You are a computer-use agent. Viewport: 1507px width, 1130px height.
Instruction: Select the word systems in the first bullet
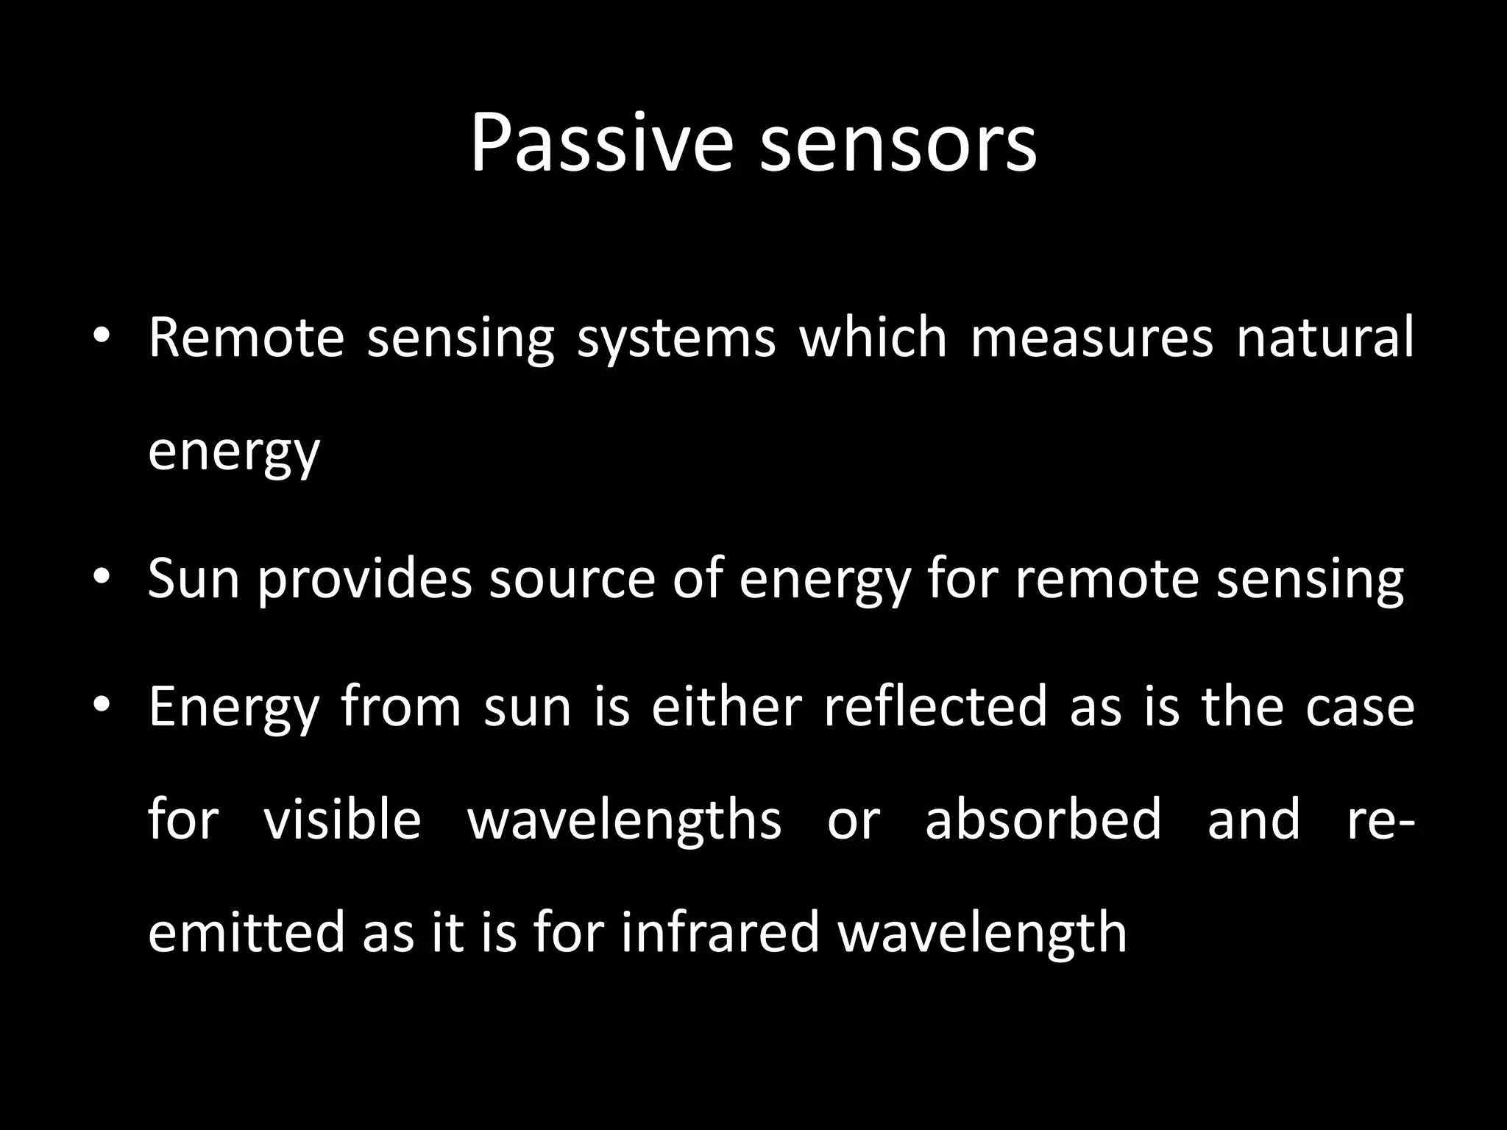[676, 338]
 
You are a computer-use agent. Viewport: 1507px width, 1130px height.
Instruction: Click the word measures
[1091, 338]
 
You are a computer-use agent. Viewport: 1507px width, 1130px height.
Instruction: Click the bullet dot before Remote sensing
[102, 338]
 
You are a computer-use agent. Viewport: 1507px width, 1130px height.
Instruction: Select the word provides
[364, 579]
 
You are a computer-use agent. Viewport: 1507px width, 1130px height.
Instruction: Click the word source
[572, 579]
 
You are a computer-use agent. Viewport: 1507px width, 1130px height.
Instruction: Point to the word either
[726, 706]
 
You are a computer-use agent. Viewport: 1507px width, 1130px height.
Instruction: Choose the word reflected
[935, 706]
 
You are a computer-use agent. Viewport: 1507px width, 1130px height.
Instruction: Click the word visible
[342, 819]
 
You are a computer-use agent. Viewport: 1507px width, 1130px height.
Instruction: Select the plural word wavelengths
[624, 820]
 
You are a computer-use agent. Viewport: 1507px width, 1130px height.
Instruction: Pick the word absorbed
[1043, 819]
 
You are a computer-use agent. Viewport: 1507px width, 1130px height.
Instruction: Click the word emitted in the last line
[244, 932]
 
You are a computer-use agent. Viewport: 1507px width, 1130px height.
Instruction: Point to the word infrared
[720, 932]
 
